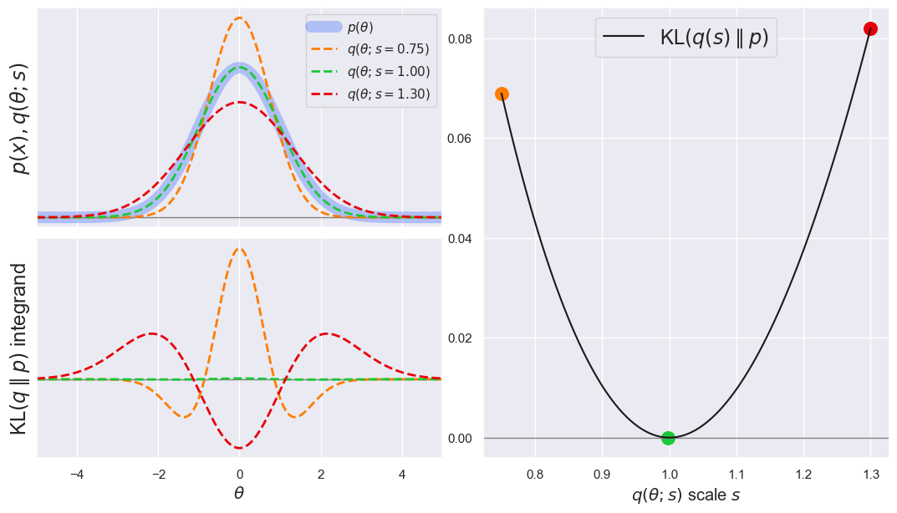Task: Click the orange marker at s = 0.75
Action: [502, 94]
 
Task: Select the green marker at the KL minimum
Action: [668, 438]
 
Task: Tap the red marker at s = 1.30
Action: [870, 28]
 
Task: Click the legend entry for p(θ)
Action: [360, 28]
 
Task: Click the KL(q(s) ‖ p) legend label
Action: [713, 38]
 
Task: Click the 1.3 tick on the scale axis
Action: [870, 473]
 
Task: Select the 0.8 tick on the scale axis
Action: [534, 473]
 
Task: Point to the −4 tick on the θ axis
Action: [76, 473]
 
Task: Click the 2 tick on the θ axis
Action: [321, 473]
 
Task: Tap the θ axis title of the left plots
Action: [239, 493]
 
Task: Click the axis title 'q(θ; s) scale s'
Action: [685, 495]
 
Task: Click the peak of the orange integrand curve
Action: [239, 248]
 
